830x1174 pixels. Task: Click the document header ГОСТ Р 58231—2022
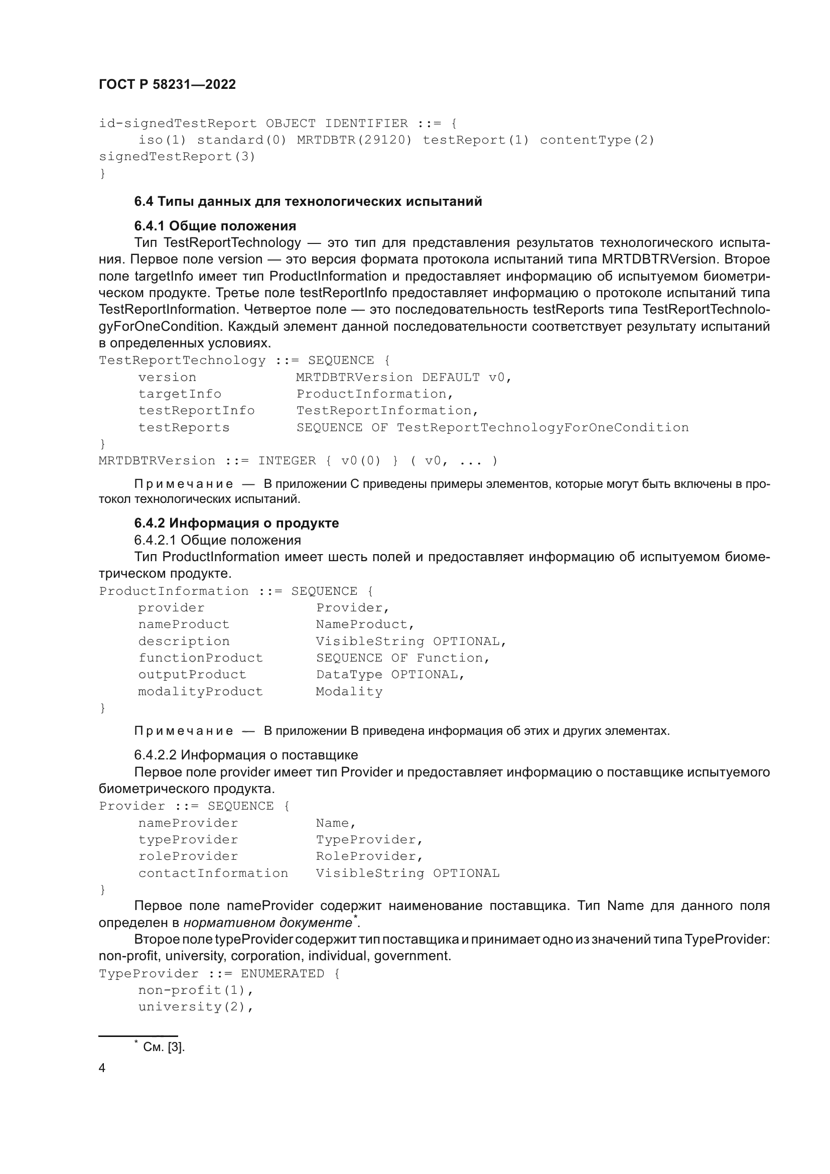tap(167, 85)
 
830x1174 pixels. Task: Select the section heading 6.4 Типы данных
tap(308, 201)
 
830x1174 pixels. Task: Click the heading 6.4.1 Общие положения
tap(215, 226)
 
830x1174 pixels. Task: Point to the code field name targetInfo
tap(179, 394)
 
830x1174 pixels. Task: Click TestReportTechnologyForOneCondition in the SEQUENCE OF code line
tap(542, 428)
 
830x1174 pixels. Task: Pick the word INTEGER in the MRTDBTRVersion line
tap(287, 461)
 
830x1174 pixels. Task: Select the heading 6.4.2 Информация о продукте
tap(237, 523)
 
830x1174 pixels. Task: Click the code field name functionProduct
tap(200, 658)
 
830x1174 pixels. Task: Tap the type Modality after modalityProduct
tap(349, 692)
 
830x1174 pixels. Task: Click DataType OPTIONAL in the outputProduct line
tap(390, 675)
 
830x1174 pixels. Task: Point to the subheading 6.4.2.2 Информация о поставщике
tap(246, 755)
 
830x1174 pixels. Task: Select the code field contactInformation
tap(213, 873)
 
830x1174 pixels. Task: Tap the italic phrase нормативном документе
tap(268, 923)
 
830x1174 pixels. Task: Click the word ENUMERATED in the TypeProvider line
tap(283, 974)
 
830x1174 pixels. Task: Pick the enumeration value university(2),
tap(196, 1007)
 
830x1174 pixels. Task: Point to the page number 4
tap(102, 1068)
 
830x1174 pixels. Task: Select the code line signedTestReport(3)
tap(177, 157)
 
